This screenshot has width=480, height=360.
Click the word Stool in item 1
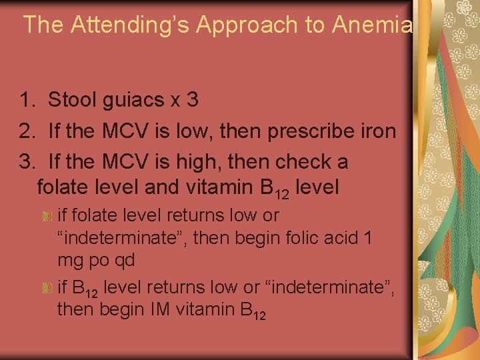point(72,101)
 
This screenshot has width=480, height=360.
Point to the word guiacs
point(135,101)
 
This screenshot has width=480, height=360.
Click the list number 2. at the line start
point(28,131)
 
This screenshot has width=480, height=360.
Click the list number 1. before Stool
point(28,101)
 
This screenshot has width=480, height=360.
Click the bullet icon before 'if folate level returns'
point(47,217)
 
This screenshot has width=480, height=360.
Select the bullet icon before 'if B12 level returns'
point(47,289)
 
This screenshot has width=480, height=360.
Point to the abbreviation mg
point(70,260)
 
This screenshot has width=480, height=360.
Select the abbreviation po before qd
point(98,260)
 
